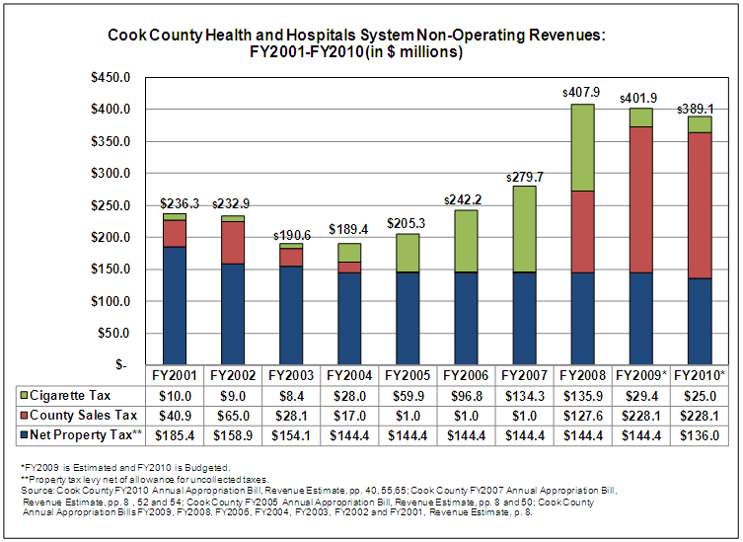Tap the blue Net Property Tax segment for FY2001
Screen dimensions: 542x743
pyautogui.click(x=175, y=305)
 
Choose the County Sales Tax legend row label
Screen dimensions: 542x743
pyautogui.click(x=83, y=415)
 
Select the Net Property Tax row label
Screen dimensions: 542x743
pyautogui.click(x=83, y=434)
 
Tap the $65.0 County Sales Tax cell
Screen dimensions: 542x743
pyautogui.click(x=233, y=415)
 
